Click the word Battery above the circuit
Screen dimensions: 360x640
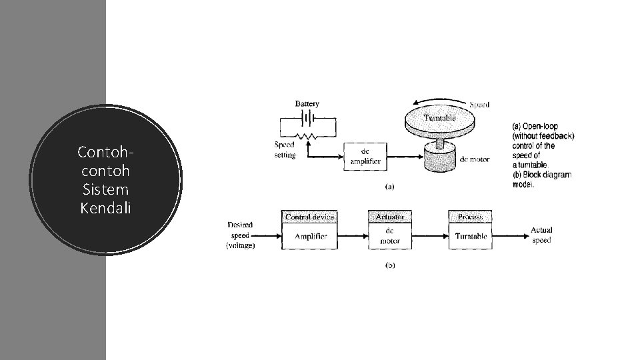pyautogui.click(x=307, y=104)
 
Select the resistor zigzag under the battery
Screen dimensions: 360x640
pyautogui.click(x=307, y=136)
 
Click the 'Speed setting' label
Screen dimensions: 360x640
pyautogui.click(x=285, y=149)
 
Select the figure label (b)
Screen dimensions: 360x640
pyautogui.click(x=390, y=264)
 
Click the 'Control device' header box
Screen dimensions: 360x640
pyautogui.click(x=310, y=217)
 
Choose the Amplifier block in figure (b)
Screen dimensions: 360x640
pyautogui.click(x=310, y=236)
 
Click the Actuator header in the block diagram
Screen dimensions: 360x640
pyautogui.click(x=390, y=217)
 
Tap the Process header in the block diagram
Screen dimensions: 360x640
pyautogui.click(x=470, y=217)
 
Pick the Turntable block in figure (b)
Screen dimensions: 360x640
pyautogui.click(x=470, y=236)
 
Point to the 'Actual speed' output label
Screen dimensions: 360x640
pyautogui.click(x=541, y=235)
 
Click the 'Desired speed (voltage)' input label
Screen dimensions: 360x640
pyautogui.click(x=241, y=235)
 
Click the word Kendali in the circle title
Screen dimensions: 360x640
pyautogui.click(x=106, y=208)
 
